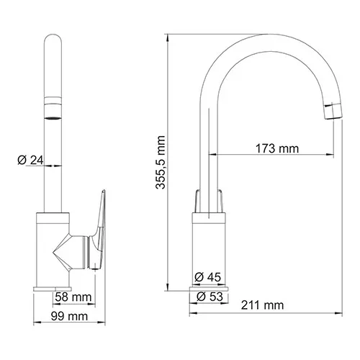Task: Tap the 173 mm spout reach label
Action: point(277,149)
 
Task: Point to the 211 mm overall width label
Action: point(262,306)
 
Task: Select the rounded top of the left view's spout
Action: point(53,43)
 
